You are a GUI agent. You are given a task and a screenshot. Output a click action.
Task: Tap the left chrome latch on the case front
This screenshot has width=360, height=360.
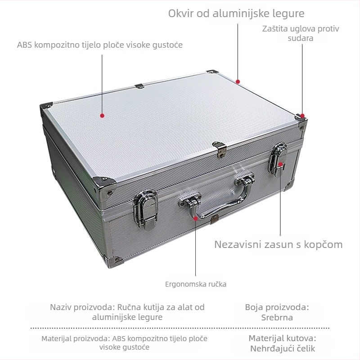(145, 209)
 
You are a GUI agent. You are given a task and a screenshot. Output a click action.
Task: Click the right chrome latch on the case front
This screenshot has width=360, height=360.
(278, 159)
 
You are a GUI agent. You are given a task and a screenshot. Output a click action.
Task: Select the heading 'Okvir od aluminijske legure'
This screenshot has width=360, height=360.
(236, 13)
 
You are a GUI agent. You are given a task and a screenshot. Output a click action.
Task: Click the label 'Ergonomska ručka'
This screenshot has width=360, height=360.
(196, 284)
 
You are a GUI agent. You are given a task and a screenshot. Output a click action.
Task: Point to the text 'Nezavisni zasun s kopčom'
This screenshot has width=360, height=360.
(278, 244)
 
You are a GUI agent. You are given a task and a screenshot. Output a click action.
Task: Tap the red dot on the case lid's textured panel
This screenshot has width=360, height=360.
(103, 116)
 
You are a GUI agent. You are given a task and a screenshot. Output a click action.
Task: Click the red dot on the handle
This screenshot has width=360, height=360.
(195, 218)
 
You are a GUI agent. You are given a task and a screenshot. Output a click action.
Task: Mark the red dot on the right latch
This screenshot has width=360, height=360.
(280, 164)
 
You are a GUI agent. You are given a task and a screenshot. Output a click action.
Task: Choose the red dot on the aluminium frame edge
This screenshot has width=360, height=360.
(238, 81)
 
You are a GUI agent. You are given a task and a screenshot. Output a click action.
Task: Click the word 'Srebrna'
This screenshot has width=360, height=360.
(277, 318)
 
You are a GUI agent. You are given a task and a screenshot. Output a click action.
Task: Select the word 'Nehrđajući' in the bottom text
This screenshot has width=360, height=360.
(267, 348)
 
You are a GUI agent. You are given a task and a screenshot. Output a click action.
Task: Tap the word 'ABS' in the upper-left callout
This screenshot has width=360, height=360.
(25, 45)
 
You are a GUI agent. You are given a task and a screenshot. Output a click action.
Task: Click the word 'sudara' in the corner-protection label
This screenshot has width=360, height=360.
(300, 38)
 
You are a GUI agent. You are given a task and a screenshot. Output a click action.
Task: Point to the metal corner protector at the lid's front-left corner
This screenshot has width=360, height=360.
(104, 185)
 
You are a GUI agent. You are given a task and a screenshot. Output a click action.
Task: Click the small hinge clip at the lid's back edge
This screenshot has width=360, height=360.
(139, 86)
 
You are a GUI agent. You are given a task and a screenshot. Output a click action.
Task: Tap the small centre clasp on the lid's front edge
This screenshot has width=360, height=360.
(220, 150)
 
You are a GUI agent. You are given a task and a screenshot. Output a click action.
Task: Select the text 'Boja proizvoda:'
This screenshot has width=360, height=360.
(277, 307)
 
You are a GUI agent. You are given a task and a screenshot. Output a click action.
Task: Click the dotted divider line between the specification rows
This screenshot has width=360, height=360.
(180, 328)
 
